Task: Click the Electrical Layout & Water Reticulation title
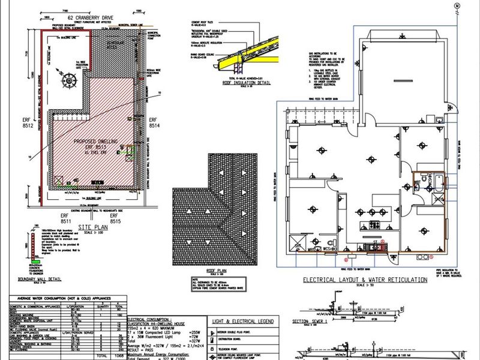click(364, 280)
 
